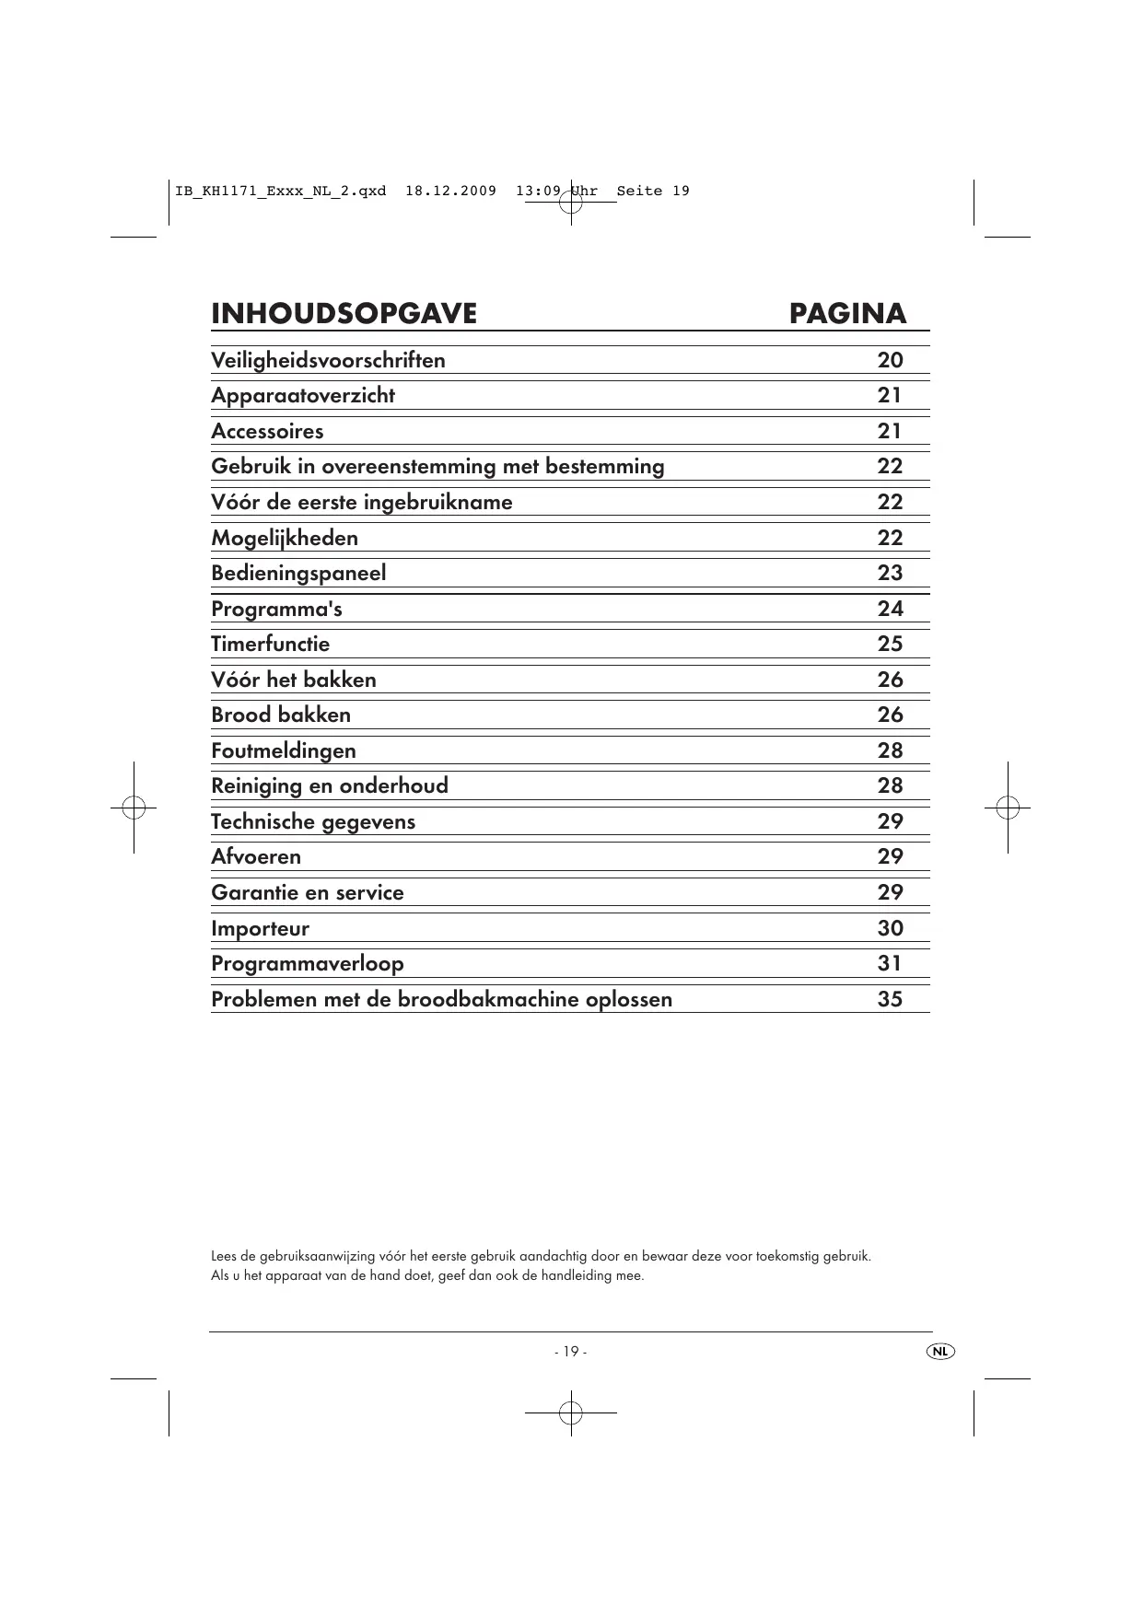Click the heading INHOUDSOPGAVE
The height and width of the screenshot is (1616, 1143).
tap(344, 314)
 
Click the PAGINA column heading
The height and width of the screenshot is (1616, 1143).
tap(847, 314)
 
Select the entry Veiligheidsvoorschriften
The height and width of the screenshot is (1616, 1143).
tap(328, 360)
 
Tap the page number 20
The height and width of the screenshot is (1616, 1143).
tap(890, 360)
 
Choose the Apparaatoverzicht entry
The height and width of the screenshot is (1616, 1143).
tap(303, 396)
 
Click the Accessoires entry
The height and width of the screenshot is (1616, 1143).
tap(267, 431)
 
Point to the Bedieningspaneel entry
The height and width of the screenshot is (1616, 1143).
tap(298, 573)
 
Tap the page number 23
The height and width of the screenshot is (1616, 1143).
tap(890, 573)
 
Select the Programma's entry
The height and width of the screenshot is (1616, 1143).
tap(276, 609)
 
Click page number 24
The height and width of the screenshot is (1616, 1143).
tap(890, 609)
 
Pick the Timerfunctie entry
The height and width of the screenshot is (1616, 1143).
tap(270, 644)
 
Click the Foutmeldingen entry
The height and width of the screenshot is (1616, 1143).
tap(283, 750)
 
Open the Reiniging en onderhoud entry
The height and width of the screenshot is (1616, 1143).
tap(330, 785)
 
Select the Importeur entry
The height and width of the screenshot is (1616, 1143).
tap(260, 928)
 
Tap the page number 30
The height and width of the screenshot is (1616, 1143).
tap(890, 928)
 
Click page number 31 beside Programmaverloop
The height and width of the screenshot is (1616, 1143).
tap(890, 963)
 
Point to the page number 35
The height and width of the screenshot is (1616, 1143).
tap(890, 999)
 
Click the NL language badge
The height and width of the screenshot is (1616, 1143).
tap(939, 1351)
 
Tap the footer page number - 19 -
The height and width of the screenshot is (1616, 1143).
tap(570, 1352)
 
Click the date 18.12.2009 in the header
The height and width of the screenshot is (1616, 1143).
tap(450, 192)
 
